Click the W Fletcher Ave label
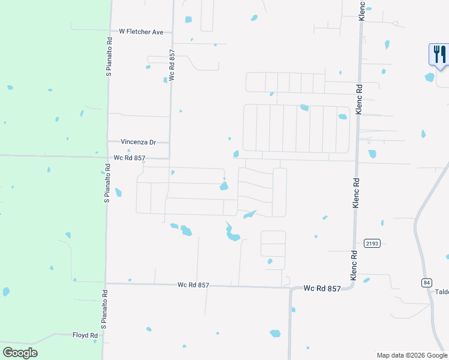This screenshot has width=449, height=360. click(x=141, y=31)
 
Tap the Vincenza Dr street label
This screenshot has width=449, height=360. click(x=138, y=142)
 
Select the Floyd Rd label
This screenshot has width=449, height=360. click(x=85, y=335)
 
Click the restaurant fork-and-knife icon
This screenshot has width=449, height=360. click(x=438, y=54)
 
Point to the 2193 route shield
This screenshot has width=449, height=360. click(x=372, y=243)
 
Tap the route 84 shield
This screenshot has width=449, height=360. click(x=427, y=282)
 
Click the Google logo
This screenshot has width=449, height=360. click(x=20, y=352)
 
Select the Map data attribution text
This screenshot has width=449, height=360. click(x=412, y=355)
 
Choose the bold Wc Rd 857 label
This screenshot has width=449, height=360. click(x=322, y=289)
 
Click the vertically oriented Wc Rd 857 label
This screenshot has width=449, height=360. click(x=172, y=65)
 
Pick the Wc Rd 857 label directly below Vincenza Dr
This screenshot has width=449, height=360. click(x=130, y=158)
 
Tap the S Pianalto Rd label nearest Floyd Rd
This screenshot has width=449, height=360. click(x=104, y=310)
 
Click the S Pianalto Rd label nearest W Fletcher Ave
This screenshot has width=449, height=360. click(x=109, y=58)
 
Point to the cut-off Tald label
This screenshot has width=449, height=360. click(x=442, y=292)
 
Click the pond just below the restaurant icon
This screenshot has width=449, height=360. click(x=430, y=77)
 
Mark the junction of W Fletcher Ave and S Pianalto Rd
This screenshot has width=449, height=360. click(x=109, y=30)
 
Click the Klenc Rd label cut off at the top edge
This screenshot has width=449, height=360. click(x=362, y=11)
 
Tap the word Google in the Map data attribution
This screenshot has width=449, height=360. click(x=436, y=355)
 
